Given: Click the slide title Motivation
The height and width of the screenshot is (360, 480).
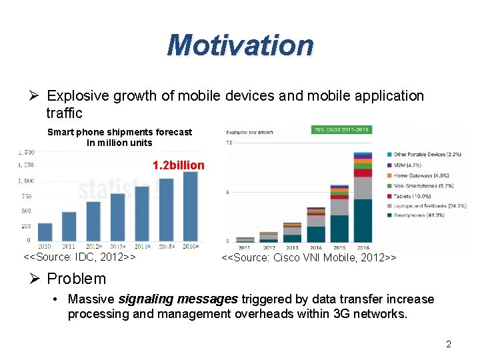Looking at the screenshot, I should (x=240, y=45).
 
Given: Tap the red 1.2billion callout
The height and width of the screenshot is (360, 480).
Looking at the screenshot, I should (x=179, y=165).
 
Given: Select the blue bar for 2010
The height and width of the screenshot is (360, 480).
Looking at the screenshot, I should (x=45, y=231).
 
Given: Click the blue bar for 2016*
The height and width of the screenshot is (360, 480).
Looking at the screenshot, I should (x=190, y=207).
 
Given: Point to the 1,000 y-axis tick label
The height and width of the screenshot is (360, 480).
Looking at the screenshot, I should (x=26, y=181).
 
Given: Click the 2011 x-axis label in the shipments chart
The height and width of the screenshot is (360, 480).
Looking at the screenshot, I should (x=69, y=246).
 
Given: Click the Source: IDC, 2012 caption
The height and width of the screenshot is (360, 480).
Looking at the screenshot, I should (x=80, y=257).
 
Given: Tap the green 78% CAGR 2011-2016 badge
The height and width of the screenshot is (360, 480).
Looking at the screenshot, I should (x=342, y=129).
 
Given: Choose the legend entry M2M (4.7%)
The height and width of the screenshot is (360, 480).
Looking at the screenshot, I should (x=407, y=165).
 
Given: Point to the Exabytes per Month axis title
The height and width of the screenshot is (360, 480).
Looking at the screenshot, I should (x=250, y=132).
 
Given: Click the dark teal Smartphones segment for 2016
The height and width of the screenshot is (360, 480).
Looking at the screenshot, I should (x=362, y=221).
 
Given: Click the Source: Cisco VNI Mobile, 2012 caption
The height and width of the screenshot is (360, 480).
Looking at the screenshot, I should (x=309, y=257).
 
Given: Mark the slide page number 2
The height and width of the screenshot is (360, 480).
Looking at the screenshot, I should (x=449, y=345).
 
